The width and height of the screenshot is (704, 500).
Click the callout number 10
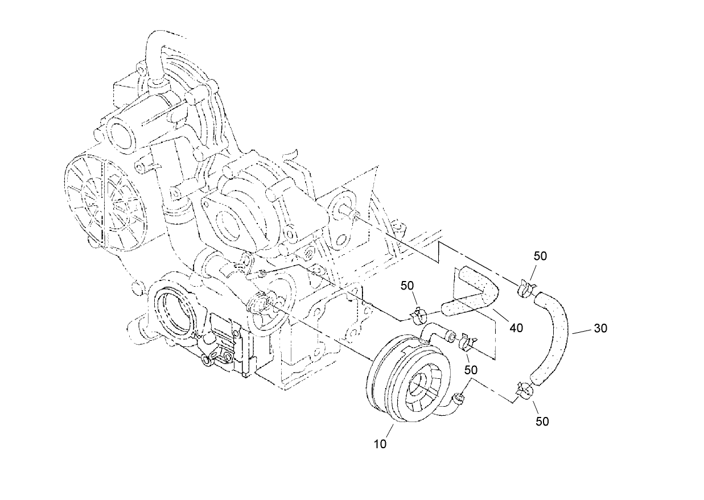pos(380,444)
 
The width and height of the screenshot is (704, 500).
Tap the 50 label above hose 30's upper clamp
pos(540,256)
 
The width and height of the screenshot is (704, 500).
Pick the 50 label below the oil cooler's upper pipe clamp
pos(471,370)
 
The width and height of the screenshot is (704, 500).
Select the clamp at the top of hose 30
pos(526,288)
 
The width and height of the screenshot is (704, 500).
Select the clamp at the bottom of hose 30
pos(524,391)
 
